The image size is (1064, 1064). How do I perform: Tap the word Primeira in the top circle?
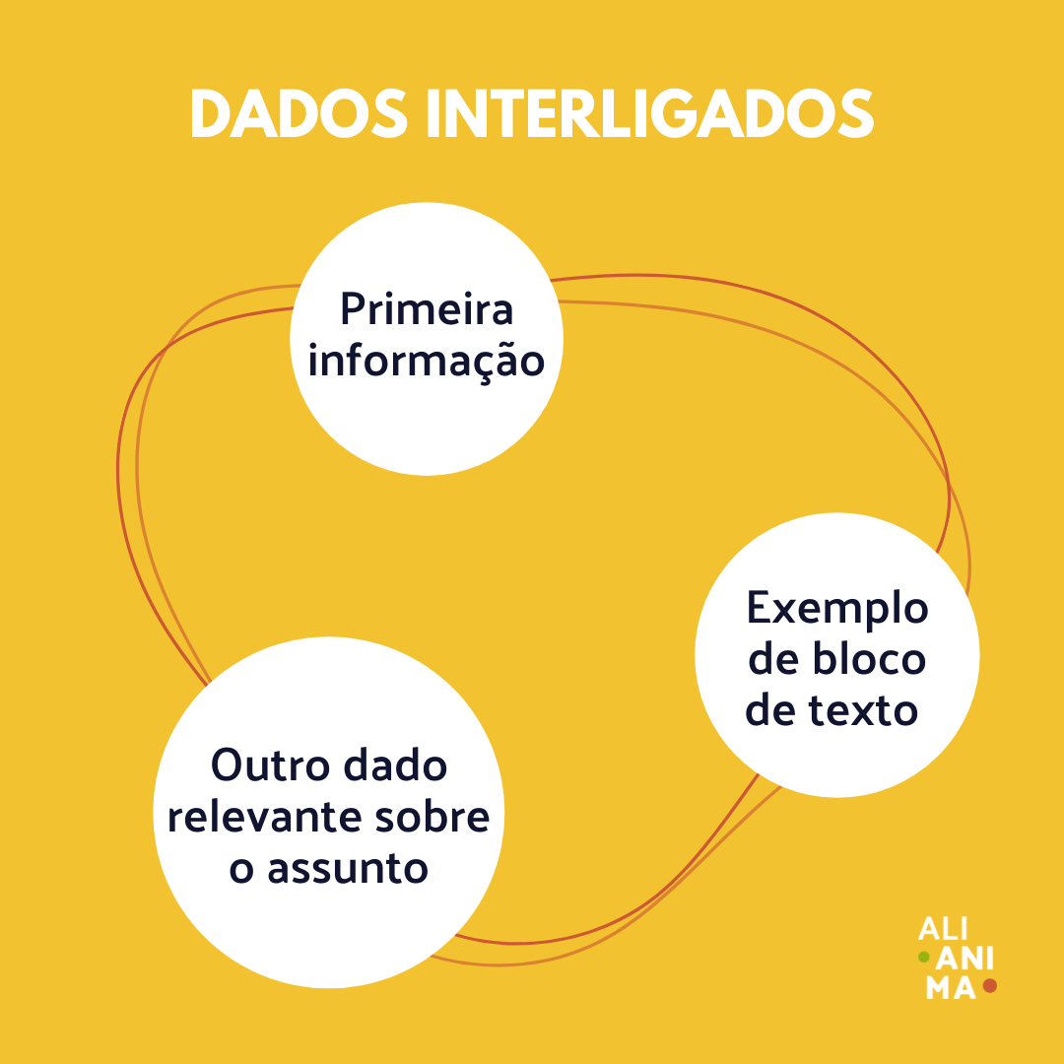click(x=427, y=309)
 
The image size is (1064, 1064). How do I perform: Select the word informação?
click(x=427, y=361)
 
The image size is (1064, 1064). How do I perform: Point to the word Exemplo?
click(x=837, y=609)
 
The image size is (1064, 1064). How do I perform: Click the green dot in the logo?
click(x=924, y=957)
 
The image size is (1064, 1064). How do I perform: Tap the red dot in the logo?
click(x=990, y=985)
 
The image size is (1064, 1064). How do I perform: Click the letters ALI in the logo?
click(x=941, y=929)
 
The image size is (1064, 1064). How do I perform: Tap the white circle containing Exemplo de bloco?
click(x=837, y=759)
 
